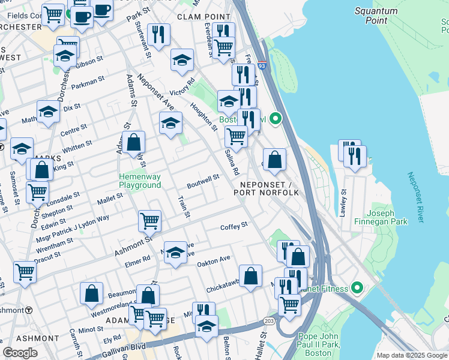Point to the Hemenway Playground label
click(x=140, y=181)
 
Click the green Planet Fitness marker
click(x=357, y=289)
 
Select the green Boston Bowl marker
click(x=276, y=119)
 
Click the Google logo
click(x=20, y=352)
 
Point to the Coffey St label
click(x=234, y=226)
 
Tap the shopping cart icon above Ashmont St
click(x=149, y=220)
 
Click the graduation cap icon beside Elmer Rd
click(x=175, y=253)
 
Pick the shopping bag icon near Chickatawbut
click(x=251, y=275)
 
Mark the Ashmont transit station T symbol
click(x=28, y=310)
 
